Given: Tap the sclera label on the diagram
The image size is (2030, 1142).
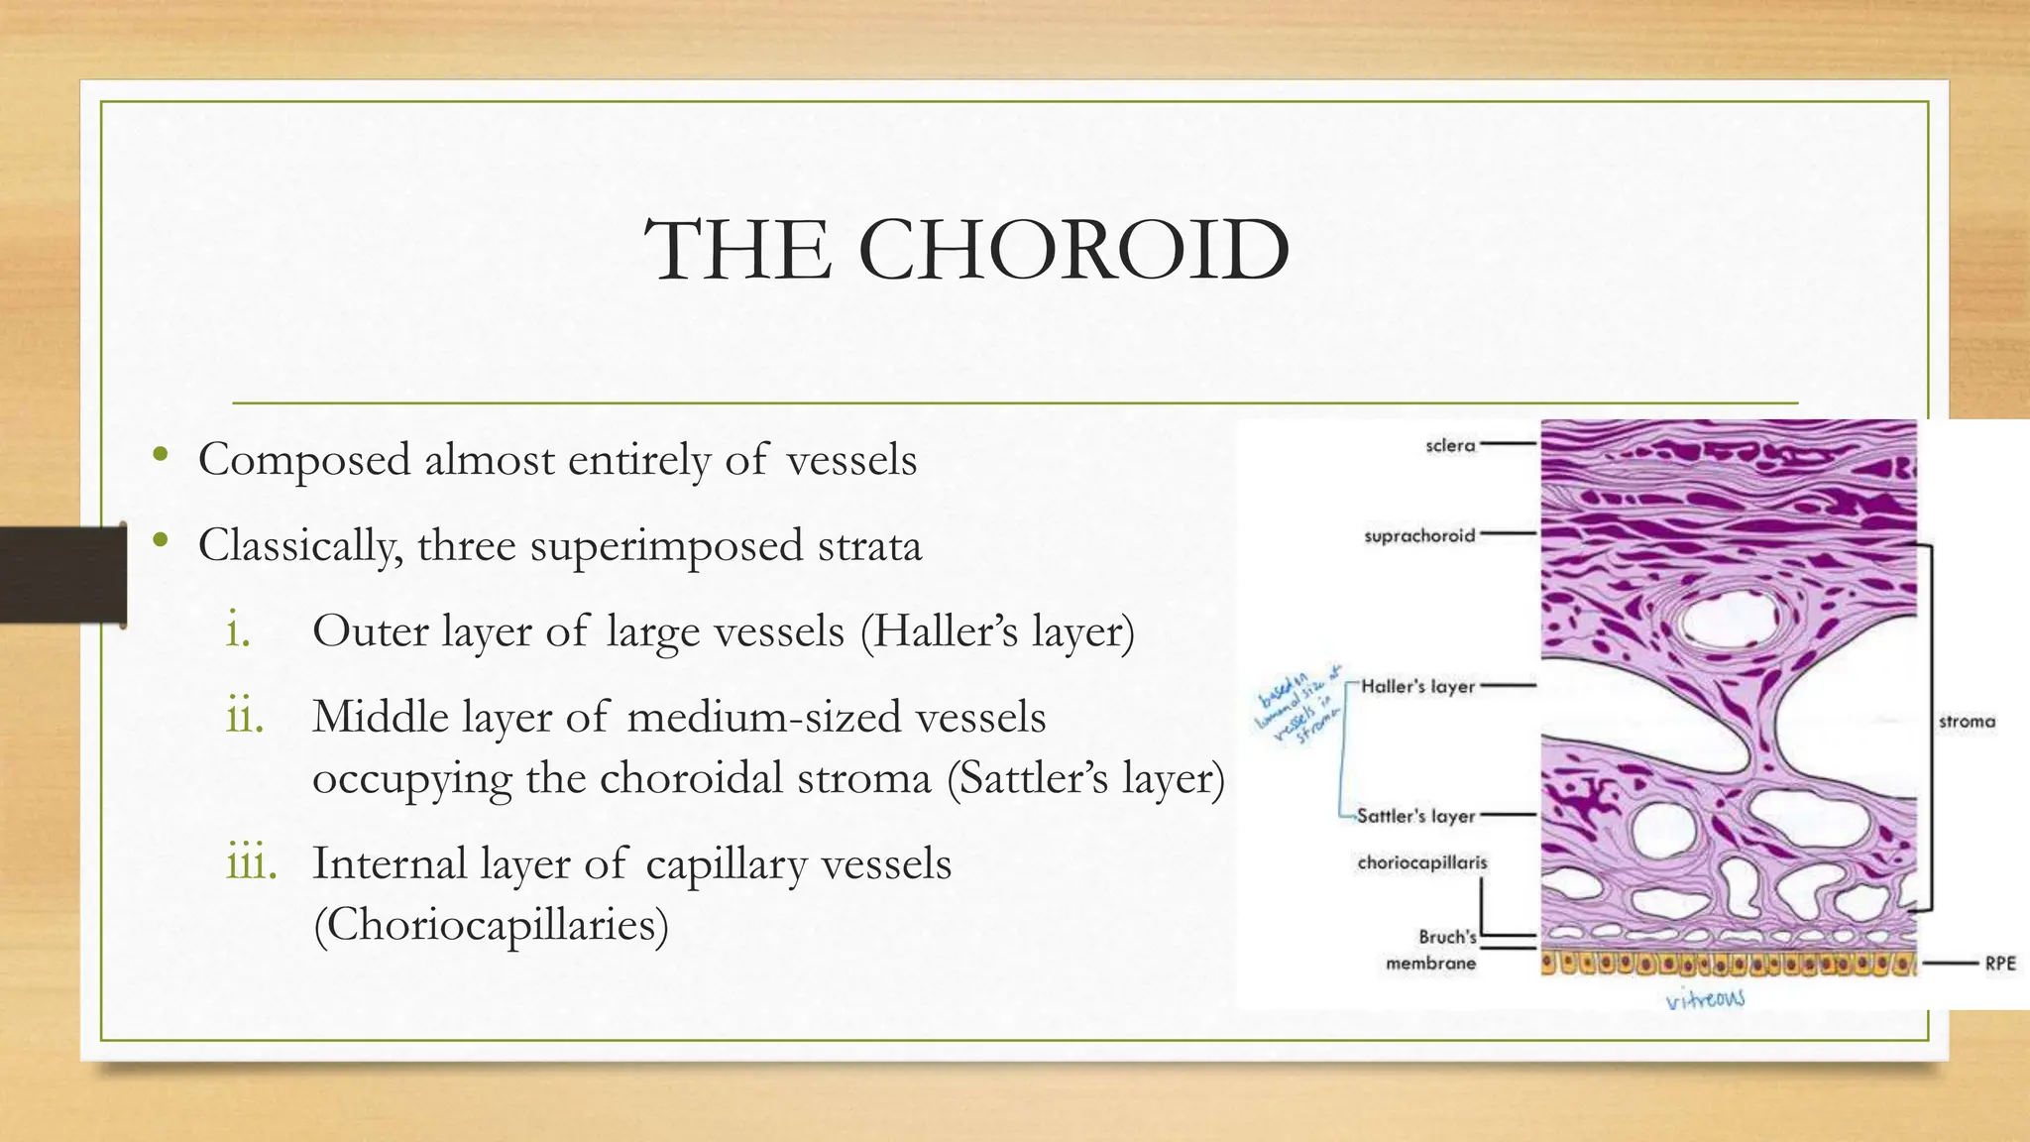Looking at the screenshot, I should click(x=1450, y=446).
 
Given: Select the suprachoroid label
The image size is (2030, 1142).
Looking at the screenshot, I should click(x=1419, y=536).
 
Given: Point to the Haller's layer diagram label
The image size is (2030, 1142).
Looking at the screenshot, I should click(x=1417, y=686).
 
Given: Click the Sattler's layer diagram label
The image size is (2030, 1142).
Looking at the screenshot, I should click(x=1415, y=816).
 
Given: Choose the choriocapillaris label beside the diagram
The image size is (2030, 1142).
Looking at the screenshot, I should click(x=1422, y=862).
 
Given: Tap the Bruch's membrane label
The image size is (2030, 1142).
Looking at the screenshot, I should click(x=1433, y=950).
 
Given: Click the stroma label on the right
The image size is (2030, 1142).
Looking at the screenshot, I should click(x=1967, y=722).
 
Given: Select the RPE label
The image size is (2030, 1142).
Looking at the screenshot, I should click(x=1999, y=964).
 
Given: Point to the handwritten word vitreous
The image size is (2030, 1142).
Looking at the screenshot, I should click(x=1705, y=999).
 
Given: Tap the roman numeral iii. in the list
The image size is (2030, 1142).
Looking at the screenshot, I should click(x=251, y=863).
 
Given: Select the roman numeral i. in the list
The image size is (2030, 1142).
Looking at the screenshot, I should click(x=238, y=631).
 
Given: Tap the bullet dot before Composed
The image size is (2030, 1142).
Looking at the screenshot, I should click(x=160, y=456).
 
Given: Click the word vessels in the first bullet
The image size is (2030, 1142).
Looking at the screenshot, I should click(x=851, y=460).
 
